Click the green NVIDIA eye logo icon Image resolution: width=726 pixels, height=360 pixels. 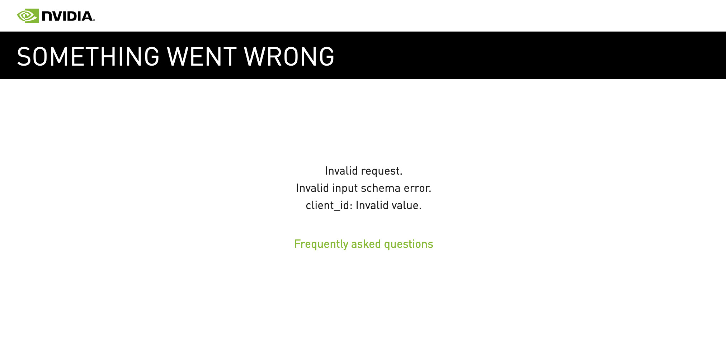28,16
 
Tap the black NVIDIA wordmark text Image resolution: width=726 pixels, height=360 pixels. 68,16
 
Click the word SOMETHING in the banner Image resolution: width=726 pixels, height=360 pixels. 88,57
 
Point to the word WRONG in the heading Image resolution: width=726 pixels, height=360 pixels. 289,57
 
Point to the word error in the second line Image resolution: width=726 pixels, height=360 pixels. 418,189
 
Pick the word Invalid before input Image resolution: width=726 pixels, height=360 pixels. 312,188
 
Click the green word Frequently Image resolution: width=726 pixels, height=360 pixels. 321,245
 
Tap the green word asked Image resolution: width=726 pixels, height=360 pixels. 366,244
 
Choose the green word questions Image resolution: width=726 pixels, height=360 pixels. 409,245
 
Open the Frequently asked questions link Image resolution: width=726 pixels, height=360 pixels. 364,245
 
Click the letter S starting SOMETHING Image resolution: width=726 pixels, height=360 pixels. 24,57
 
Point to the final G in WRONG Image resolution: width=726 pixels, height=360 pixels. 326,57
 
